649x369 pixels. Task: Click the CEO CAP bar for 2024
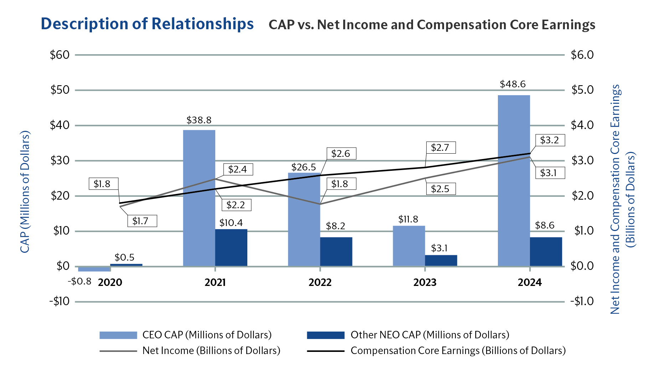514,180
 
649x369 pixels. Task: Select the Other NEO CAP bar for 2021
231,247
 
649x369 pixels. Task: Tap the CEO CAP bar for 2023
409,246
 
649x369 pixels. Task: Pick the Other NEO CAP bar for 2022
336,251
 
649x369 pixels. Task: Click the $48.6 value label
512,84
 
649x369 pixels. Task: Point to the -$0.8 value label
79,281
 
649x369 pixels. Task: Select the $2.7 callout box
441,148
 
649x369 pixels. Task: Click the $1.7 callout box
142,221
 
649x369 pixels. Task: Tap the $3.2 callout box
550,140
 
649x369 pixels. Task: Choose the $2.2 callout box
236,205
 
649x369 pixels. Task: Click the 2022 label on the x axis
320,282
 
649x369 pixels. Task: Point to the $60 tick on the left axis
60,55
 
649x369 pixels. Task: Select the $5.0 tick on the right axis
582,90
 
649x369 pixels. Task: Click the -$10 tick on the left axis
59,302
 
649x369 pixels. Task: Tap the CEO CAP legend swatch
118,335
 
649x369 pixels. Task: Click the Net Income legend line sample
118,351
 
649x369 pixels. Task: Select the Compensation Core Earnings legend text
458,351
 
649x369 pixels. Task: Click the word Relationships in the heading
202,24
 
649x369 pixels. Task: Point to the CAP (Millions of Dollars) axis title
25,192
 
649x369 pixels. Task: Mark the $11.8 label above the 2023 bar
408,219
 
